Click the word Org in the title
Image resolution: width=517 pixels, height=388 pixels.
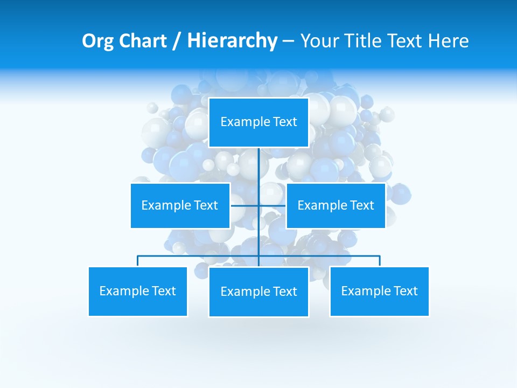tap(98, 41)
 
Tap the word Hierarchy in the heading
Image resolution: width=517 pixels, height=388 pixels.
tap(232, 41)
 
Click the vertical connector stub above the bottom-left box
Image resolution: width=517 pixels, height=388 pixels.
tap(138, 261)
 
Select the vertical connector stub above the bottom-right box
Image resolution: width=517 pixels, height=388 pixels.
tap(380, 261)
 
